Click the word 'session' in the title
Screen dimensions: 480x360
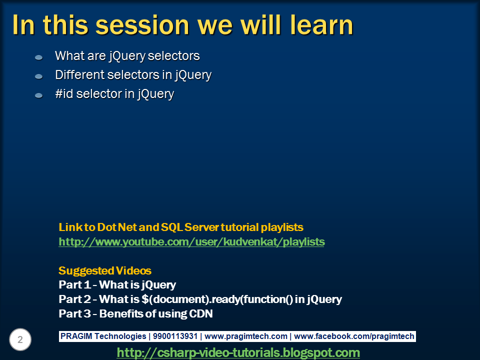click(x=142, y=25)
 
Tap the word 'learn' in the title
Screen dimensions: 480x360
click(x=321, y=24)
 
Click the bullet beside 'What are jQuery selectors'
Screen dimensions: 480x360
click(x=39, y=57)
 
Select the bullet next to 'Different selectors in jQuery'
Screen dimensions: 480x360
click(x=39, y=76)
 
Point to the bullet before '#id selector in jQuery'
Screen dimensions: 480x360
click(x=39, y=95)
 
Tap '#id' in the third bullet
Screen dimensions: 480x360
click(x=64, y=93)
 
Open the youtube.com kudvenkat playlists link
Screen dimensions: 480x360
click(x=191, y=242)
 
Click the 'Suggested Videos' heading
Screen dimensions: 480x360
click(x=105, y=270)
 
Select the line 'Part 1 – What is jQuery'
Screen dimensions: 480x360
click(x=117, y=285)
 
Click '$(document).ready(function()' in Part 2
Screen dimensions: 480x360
click(x=217, y=299)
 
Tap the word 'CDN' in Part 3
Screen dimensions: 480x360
click(x=201, y=314)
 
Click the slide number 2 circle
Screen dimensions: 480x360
click(x=20, y=339)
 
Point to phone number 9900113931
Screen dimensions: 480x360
click(x=175, y=336)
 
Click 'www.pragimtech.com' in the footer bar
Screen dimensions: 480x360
click(x=246, y=336)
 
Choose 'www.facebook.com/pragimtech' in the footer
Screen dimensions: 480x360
click(x=354, y=336)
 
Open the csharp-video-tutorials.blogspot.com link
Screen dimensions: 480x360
click(x=238, y=352)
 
